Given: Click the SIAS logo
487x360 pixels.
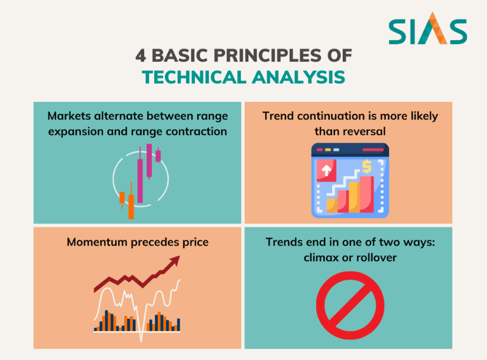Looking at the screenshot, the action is click(x=428, y=28).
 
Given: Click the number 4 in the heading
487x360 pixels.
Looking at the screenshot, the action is click(x=140, y=56).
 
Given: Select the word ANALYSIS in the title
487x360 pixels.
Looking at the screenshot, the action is click(x=299, y=77).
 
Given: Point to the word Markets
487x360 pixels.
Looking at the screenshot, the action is click(x=69, y=116).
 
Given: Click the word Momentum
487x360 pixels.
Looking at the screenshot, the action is click(x=97, y=242).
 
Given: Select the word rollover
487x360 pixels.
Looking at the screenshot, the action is click(x=376, y=257).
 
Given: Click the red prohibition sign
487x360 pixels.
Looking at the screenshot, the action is click(x=350, y=305).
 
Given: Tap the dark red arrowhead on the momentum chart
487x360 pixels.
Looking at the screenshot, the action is click(x=174, y=261).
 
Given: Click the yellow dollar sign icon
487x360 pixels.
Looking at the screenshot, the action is click(x=367, y=166).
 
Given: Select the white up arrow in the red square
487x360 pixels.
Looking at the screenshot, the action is click(x=326, y=170).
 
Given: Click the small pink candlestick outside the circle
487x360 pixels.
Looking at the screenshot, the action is click(x=158, y=155).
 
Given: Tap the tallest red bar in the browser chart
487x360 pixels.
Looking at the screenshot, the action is click(x=367, y=194).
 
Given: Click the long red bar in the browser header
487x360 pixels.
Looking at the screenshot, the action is click(x=373, y=150).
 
